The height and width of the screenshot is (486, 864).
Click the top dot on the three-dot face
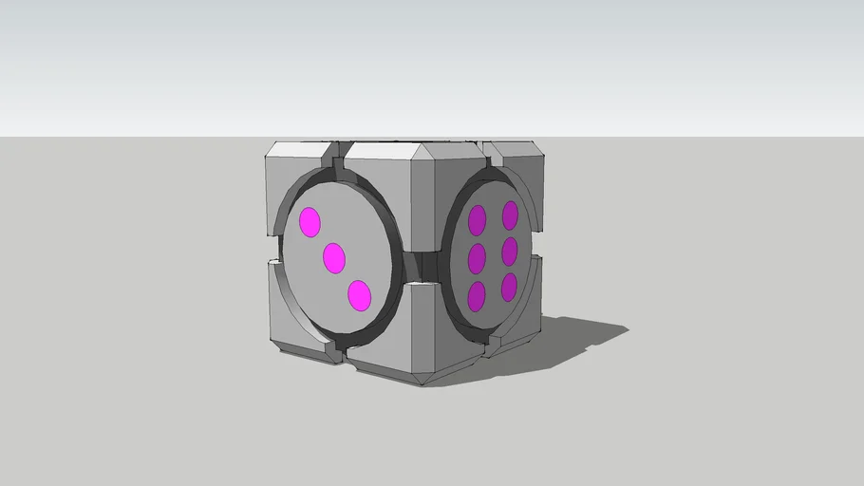310,222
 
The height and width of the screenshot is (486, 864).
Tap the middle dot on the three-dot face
333,257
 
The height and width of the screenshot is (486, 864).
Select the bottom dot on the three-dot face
359,295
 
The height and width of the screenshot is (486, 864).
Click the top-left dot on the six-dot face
477,221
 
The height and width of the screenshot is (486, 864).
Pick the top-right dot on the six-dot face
511,215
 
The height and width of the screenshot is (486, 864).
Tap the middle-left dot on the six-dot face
477,258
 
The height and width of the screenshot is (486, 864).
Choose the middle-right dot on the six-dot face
510,252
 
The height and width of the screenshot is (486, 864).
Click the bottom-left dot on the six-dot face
477,296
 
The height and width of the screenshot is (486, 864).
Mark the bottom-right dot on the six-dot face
509,287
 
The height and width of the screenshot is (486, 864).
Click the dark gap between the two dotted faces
423,266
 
